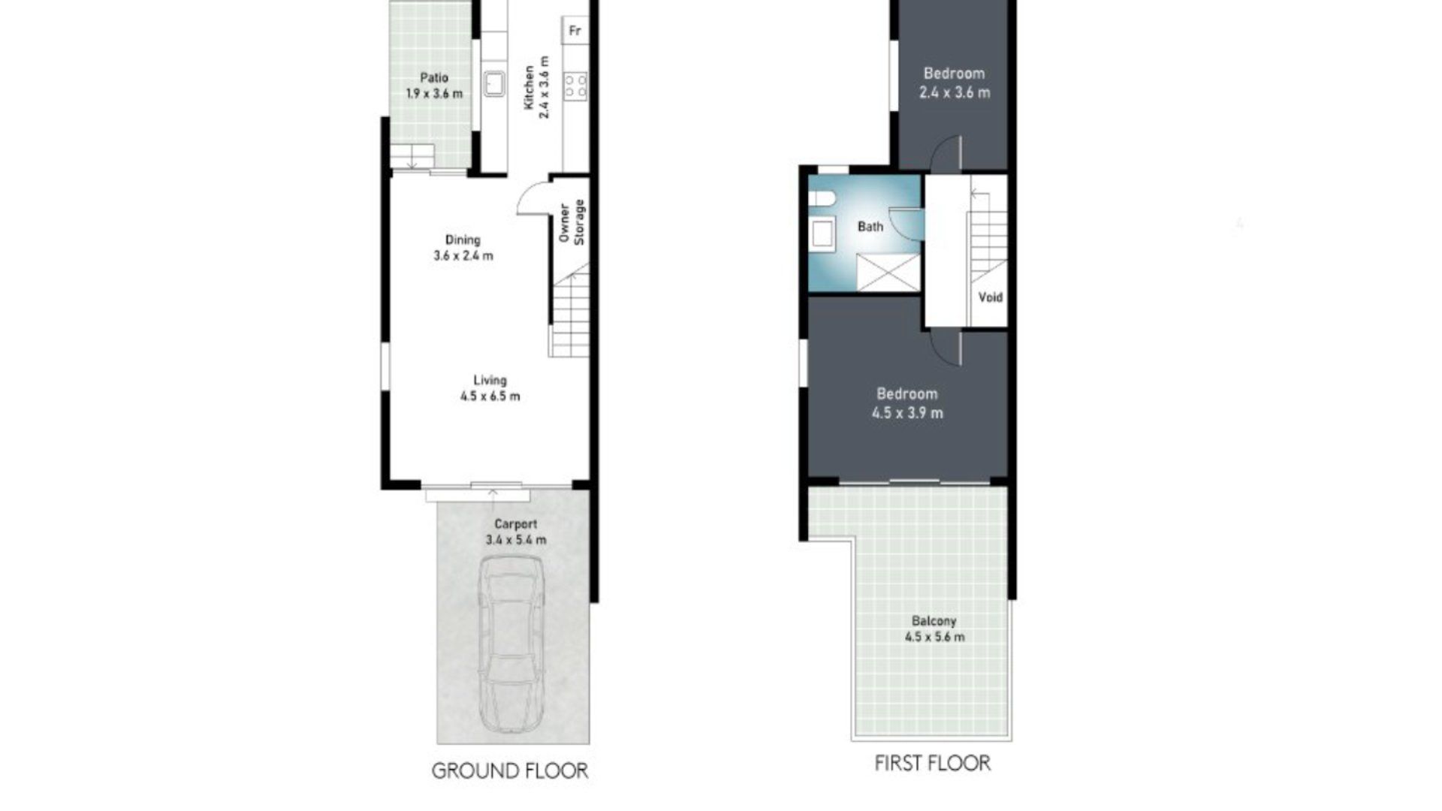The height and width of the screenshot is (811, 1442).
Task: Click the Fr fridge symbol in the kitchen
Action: coord(575,31)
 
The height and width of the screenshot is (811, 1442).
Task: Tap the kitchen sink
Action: coord(493,83)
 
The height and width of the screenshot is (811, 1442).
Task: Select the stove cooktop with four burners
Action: coord(576,84)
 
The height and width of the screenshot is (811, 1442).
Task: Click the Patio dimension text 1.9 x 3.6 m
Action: coord(434,94)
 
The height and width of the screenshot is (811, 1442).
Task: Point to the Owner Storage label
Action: coord(572,222)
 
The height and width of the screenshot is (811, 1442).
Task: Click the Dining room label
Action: coord(463,240)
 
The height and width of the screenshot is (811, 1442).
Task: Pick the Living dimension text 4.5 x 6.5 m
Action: coord(490,396)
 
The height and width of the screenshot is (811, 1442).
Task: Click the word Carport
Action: coord(516,524)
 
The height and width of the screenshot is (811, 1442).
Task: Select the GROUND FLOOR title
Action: coord(510,770)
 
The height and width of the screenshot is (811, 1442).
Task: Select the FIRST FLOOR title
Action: coord(933,763)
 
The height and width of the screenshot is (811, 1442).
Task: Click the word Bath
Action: coord(870,227)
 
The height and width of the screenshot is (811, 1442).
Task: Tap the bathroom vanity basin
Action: coord(823,234)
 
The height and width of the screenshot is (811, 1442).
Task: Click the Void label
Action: coord(991,297)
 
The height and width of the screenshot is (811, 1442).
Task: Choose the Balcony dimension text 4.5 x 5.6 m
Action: coord(935,637)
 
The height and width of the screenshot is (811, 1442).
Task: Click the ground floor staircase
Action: coord(570,309)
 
